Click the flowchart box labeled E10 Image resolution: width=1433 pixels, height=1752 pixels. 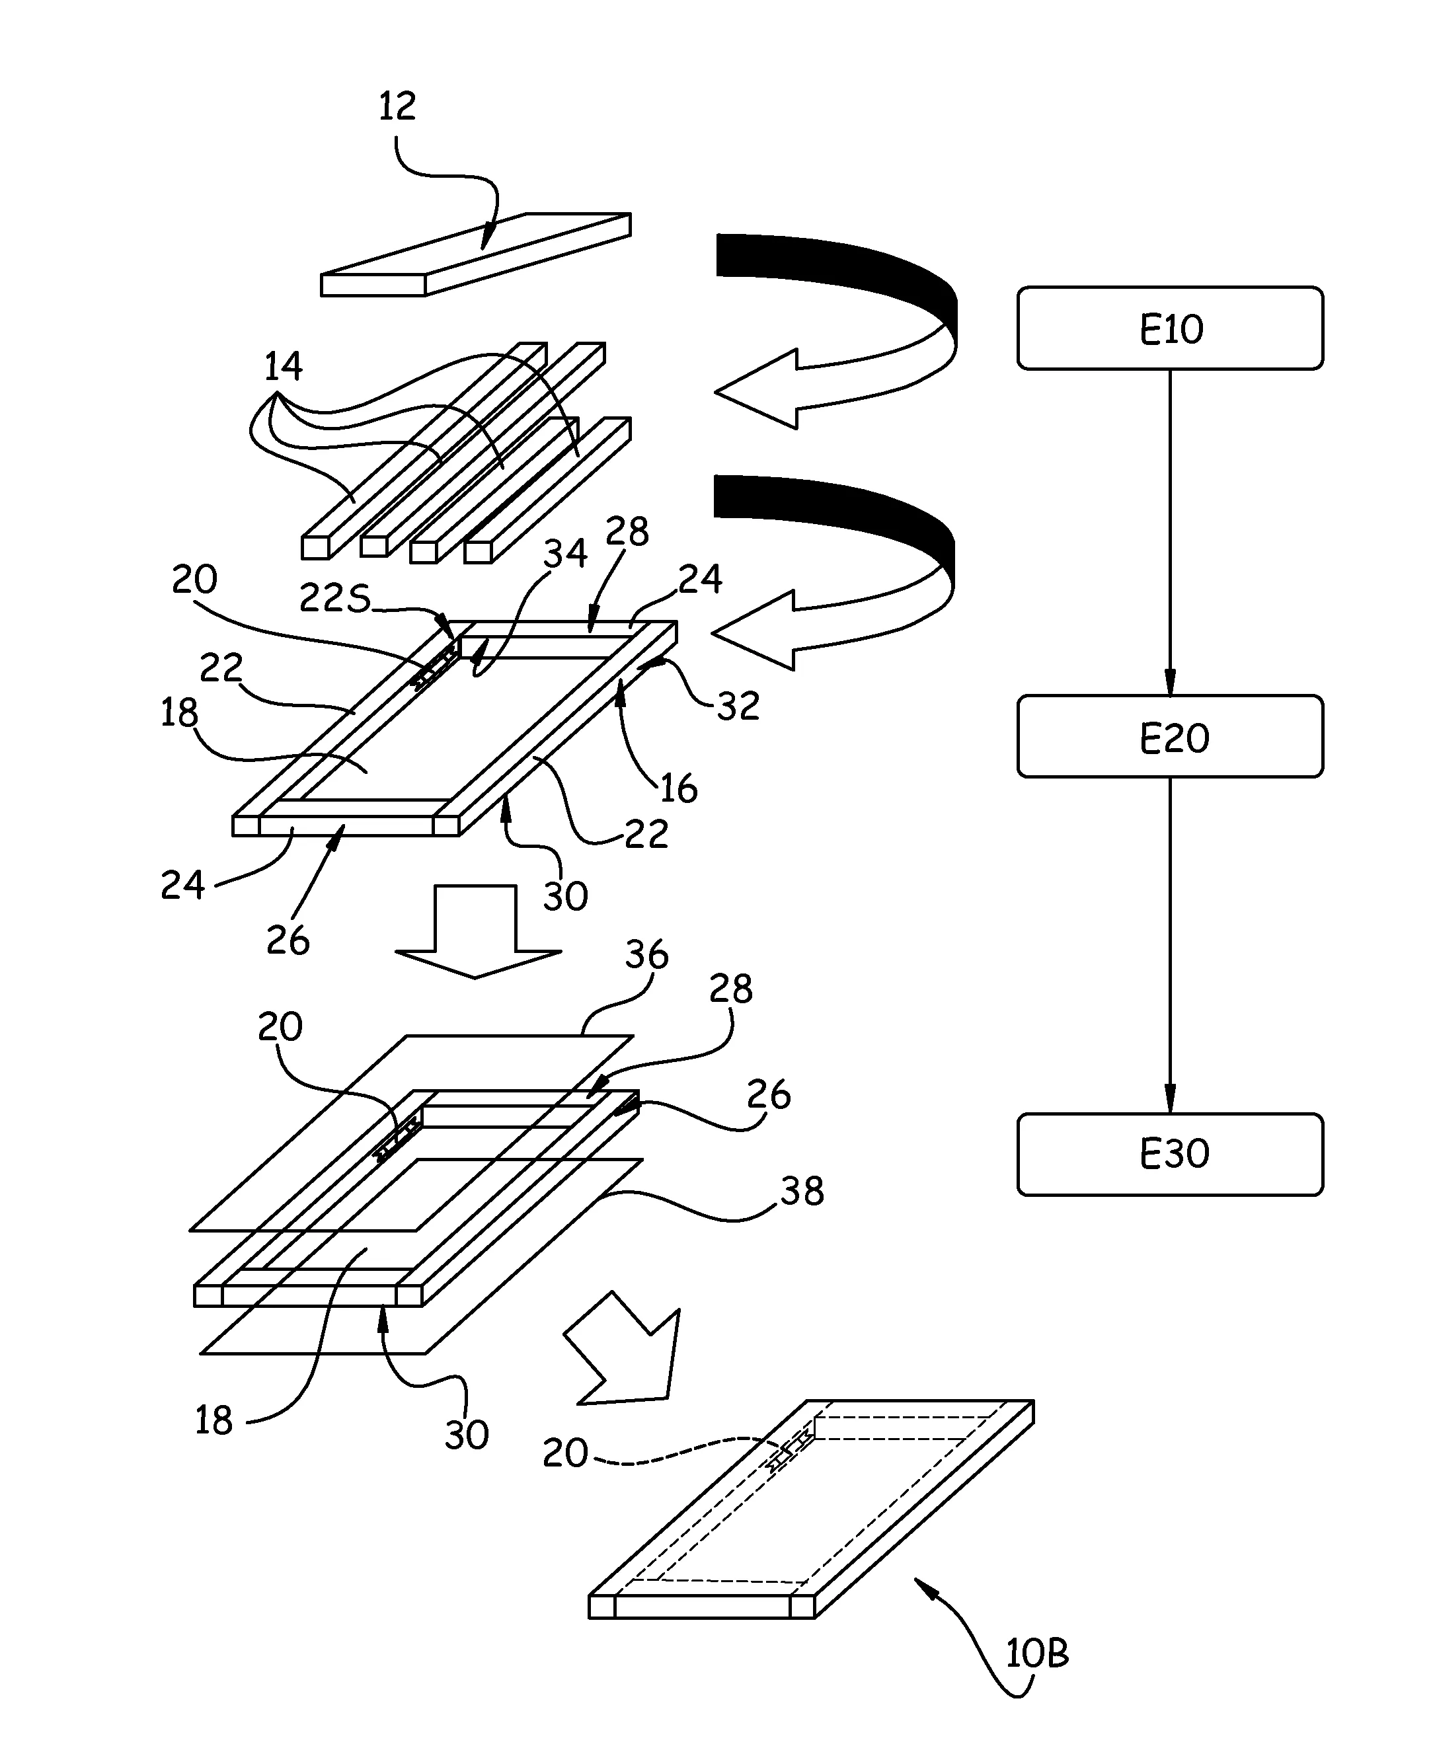click(x=1170, y=328)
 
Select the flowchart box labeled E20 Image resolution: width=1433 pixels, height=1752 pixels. click(x=1170, y=736)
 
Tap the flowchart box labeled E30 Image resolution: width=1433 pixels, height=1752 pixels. click(x=1170, y=1154)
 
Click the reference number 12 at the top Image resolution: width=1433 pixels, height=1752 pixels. click(x=397, y=106)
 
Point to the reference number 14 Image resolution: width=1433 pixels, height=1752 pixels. click(x=283, y=365)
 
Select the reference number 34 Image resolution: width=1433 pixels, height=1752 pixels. click(x=564, y=553)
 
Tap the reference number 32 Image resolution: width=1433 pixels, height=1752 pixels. click(x=738, y=706)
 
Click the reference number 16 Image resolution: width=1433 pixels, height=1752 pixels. click(x=679, y=789)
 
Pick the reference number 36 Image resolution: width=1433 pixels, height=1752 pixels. click(x=646, y=955)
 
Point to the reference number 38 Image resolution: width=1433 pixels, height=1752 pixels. click(x=802, y=1191)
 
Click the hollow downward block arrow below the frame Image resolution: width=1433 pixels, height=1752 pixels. click(x=477, y=931)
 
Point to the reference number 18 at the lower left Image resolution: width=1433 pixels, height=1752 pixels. click(x=213, y=1420)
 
